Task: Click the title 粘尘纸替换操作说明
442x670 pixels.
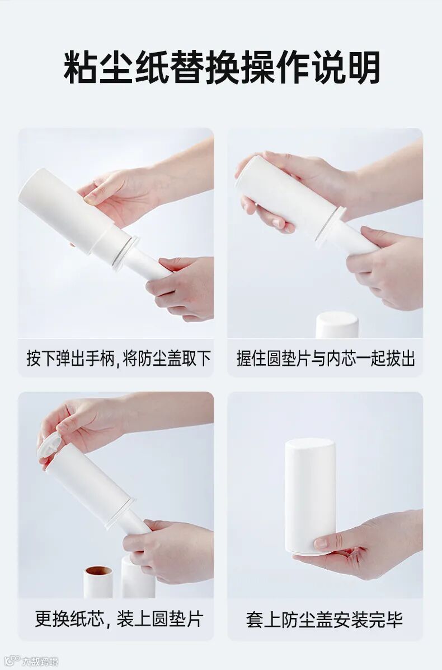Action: coord(222,68)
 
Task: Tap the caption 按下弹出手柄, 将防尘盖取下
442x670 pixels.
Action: coord(119,358)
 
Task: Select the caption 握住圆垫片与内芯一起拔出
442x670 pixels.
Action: coord(326,358)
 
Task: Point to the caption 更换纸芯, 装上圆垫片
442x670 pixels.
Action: coord(119,618)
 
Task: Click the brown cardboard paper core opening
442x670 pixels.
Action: coord(98,571)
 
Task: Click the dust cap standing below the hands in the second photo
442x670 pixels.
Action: coord(337,325)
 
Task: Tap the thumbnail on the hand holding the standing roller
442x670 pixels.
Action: coord(321,543)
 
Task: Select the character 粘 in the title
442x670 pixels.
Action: coord(81,68)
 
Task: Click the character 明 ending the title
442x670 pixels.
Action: coord(364,68)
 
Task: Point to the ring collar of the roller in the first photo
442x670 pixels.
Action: coord(125,254)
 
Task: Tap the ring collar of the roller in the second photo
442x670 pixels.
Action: coord(330,227)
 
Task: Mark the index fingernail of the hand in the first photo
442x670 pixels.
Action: coord(91,198)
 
